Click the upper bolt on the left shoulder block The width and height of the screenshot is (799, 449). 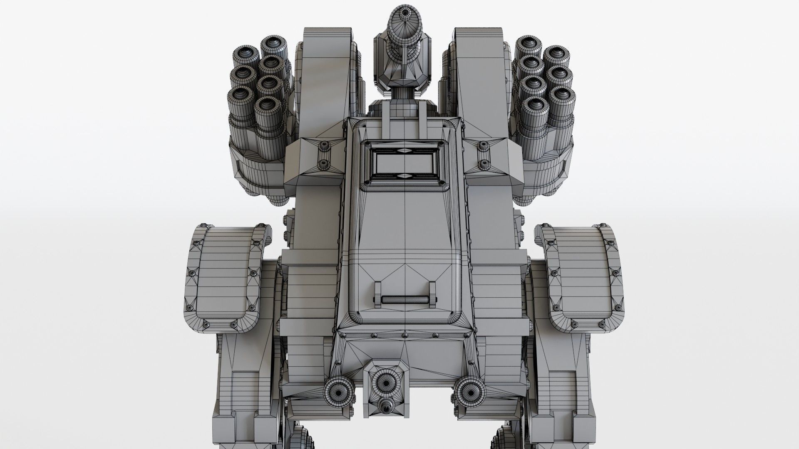[324, 146]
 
